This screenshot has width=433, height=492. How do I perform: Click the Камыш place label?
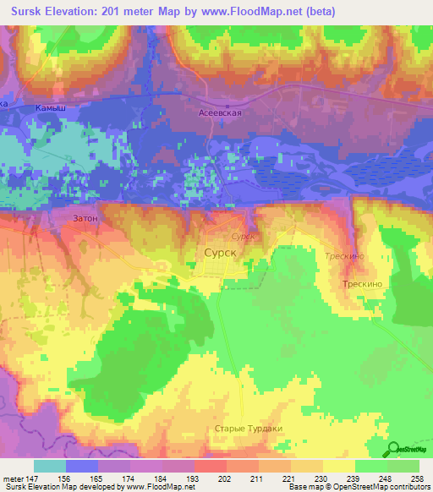pyautogui.click(x=51, y=109)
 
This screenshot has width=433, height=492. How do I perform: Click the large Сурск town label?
pyautogui.click(x=222, y=252)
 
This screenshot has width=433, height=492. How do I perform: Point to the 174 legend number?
pyautogui.click(x=129, y=478)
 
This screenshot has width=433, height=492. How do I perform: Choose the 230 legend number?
pyautogui.click(x=320, y=478)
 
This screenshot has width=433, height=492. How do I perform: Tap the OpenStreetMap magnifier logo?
pyautogui.click(x=394, y=450)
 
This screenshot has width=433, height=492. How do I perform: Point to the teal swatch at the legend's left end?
pyautogui.click(x=50, y=466)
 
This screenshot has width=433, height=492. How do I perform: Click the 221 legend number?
pyautogui.click(x=288, y=478)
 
